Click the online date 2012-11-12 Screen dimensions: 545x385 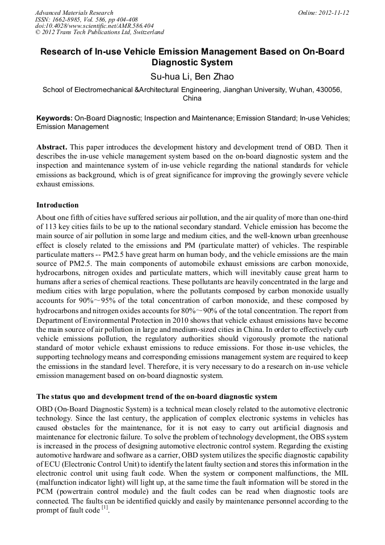point(332,13)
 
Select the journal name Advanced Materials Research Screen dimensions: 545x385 point(74,13)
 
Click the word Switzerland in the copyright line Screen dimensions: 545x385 point(144,32)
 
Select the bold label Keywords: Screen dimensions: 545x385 point(55,118)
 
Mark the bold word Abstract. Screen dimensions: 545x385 point(52,147)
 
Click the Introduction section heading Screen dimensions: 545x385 point(57,205)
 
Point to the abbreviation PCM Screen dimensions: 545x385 point(45,492)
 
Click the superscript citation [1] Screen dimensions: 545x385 point(104,507)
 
